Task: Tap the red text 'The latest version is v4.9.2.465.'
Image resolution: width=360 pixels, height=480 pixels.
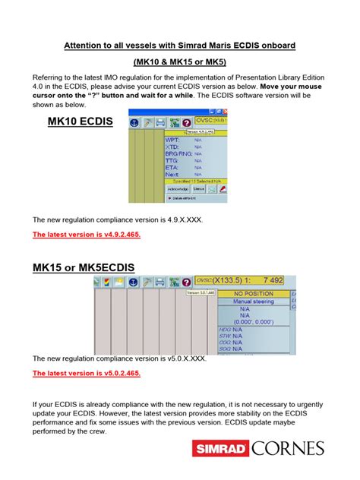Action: click(86, 235)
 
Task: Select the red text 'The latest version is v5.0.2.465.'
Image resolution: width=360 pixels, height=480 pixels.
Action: click(86, 374)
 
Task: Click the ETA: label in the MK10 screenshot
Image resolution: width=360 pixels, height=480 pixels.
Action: click(172, 167)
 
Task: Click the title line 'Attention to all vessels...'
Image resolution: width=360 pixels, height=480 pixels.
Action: click(179, 46)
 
